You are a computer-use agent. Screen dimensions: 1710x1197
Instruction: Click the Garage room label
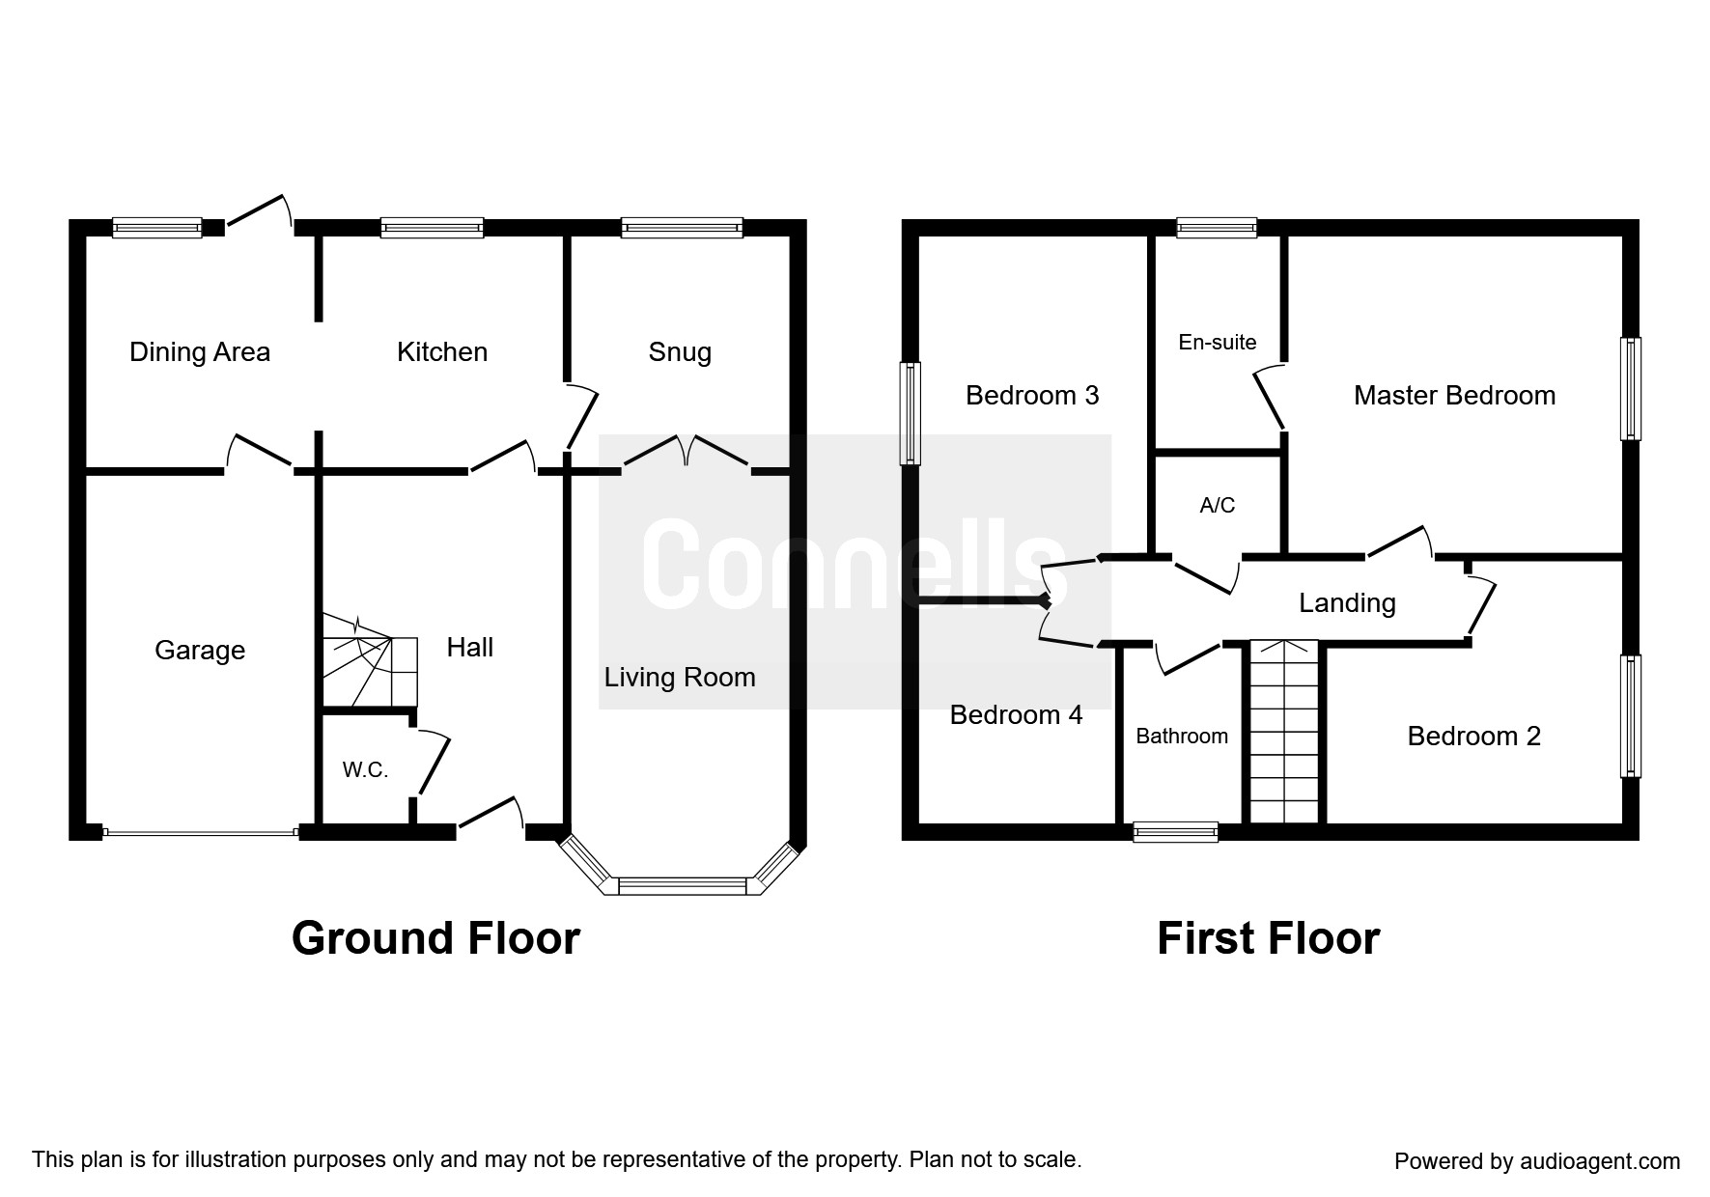[200, 651]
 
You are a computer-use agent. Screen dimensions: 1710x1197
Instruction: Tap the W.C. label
[365, 770]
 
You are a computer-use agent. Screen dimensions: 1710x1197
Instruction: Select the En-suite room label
[1218, 343]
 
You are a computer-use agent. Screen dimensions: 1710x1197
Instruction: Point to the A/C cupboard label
[1218, 505]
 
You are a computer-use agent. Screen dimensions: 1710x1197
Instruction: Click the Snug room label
[680, 353]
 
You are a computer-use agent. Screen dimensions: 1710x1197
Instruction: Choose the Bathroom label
[1182, 737]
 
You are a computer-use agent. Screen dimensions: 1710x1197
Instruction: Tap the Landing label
[1347, 604]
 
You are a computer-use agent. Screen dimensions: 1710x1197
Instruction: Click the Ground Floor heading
[435, 938]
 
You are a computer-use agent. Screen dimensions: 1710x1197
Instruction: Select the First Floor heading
[1268, 938]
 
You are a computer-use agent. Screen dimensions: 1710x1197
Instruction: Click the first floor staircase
[1284, 731]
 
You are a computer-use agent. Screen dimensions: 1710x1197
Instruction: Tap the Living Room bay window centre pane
[682, 885]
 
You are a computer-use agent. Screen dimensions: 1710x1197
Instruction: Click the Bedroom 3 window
[910, 413]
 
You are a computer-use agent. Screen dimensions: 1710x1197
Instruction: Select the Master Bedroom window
[1631, 388]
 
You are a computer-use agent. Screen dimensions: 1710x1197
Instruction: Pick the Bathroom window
[1176, 832]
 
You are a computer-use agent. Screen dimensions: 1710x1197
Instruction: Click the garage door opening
[200, 831]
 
